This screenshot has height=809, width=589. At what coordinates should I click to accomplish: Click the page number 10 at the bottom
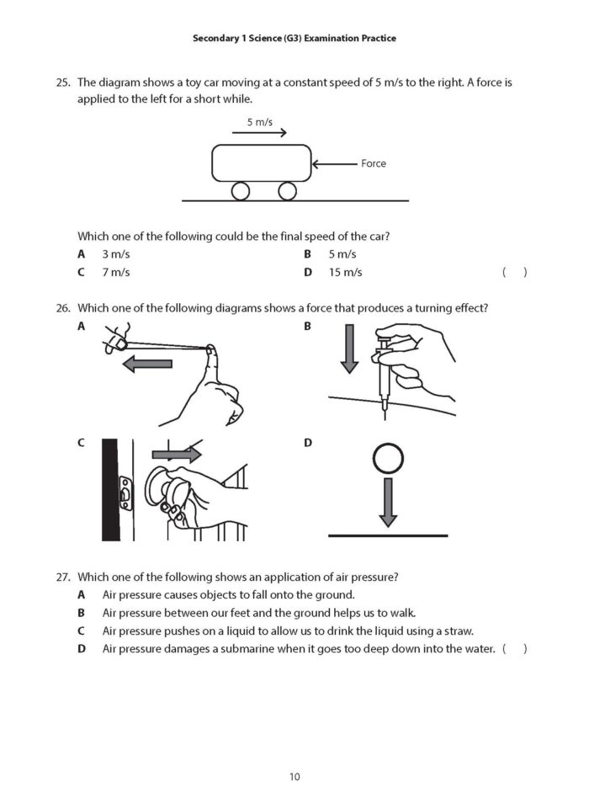coord(294,776)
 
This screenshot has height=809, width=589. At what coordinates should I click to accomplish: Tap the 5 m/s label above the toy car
coord(260,122)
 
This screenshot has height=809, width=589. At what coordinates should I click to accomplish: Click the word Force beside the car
coord(374,163)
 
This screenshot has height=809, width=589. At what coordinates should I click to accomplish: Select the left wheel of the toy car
coord(241,191)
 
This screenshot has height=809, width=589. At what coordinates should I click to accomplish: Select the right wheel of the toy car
coord(287,191)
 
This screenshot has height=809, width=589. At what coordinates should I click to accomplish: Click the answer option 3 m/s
coord(116,253)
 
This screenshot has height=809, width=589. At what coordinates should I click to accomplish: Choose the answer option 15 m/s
coord(345,272)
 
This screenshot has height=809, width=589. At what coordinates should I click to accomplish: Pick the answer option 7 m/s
coord(116,272)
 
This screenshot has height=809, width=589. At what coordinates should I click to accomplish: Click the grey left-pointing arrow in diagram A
coord(147,364)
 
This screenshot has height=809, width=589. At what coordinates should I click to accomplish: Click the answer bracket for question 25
coord(514,272)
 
